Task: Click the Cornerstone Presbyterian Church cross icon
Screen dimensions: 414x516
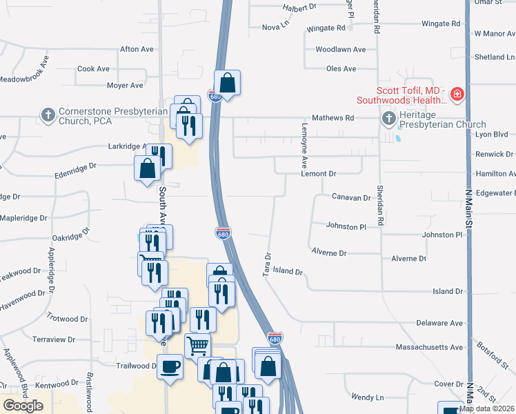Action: pyautogui.click(x=48, y=114)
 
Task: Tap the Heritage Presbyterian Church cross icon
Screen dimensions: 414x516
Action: pyautogui.click(x=388, y=119)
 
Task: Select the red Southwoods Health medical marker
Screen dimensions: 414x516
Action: pyautogui.click(x=457, y=95)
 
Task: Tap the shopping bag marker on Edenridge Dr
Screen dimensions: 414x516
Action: pyautogui.click(x=147, y=168)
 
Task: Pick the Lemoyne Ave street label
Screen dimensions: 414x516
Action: pyautogui.click(x=304, y=152)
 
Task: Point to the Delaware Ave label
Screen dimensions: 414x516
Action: pyautogui.click(x=439, y=323)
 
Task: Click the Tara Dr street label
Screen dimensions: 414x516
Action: pyautogui.click(x=266, y=265)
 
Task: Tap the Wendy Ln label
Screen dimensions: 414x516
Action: pyautogui.click(x=367, y=397)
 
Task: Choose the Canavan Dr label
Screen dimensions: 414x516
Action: pyautogui.click(x=351, y=197)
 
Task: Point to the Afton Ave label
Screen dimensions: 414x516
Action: pyautogui.click(x=137, y=50)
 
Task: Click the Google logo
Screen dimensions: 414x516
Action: pyautogui.click(x=23, y=406)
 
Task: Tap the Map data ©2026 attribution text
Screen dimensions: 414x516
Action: pyautogui.click(x=486, y=408)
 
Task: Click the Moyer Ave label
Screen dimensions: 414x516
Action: pyautogui.click(x=125, y=86)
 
